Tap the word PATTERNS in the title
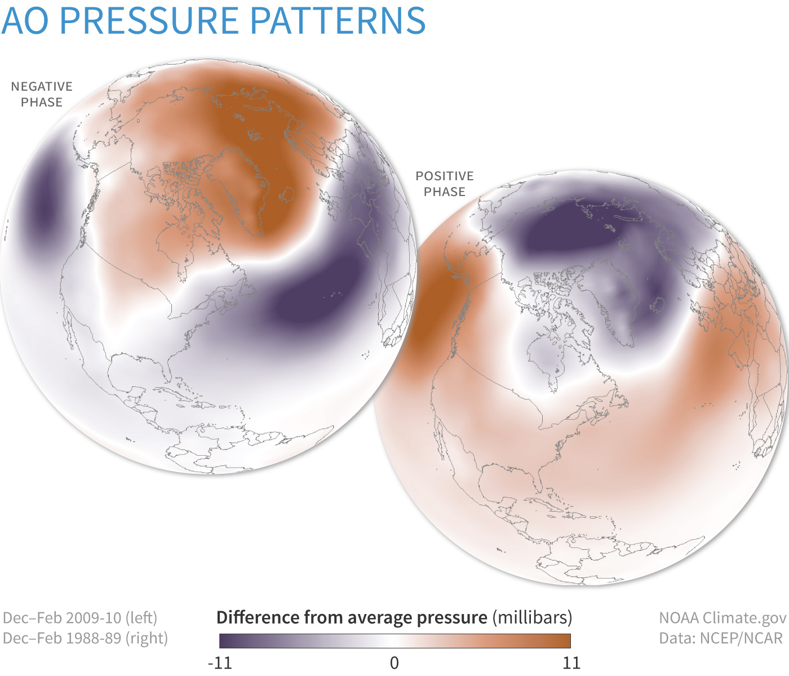337,21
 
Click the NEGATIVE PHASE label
42,94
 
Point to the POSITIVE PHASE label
445,184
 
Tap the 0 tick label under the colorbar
394,662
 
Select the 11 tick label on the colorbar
571,662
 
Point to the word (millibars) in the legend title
532,617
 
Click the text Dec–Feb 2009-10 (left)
80,617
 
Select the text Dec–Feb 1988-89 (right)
85,638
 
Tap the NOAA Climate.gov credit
722,617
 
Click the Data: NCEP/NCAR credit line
721,638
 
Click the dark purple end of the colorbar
225,641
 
